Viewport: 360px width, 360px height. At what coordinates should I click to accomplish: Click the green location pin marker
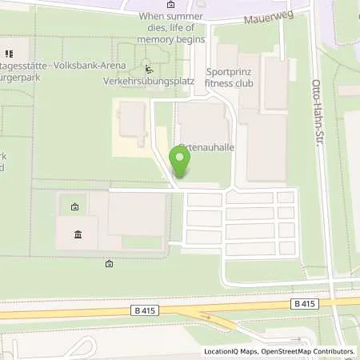coord(181,163)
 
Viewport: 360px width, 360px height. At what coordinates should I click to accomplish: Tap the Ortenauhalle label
coord(209,147)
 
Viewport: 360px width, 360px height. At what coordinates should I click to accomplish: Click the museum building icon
coord(78,234)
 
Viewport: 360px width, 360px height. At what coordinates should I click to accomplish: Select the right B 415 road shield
coord(303,303)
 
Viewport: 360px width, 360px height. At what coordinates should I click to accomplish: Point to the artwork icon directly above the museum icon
coord(74,207)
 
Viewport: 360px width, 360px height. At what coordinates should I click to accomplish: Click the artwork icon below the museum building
coord(109,263)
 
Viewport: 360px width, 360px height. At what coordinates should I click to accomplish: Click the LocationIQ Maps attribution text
coord(231,351)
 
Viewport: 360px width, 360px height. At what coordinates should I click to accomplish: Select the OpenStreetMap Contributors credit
coord(311,351)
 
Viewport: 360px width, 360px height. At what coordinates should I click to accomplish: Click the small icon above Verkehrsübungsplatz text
coord(147,69)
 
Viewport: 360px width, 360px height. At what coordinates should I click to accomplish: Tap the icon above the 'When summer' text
coord(199,3)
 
